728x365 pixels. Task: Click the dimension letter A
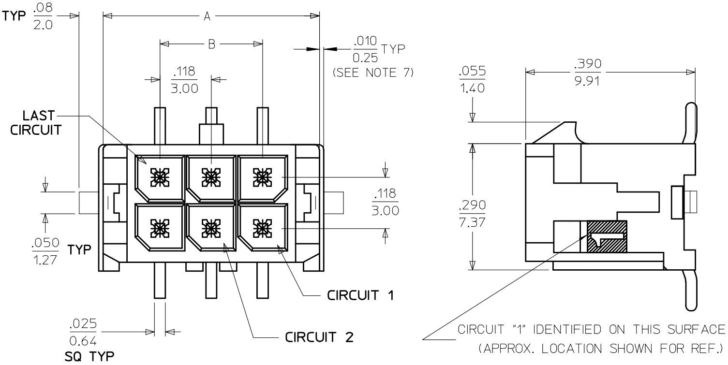(207, 16)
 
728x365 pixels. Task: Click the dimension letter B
(211, 44)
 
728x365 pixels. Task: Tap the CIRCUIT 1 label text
(360, 295)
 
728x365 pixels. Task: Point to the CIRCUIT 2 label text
(319, 336)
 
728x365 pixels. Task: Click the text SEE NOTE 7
(373, 73)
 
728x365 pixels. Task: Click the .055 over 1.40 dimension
(472, 80)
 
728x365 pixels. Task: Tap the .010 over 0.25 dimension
(366, 49)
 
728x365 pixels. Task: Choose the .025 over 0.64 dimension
(83, 332)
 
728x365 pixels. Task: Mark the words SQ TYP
(89, 357)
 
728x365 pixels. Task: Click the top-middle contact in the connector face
(210, 177)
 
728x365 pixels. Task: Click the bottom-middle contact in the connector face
(210, 226)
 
